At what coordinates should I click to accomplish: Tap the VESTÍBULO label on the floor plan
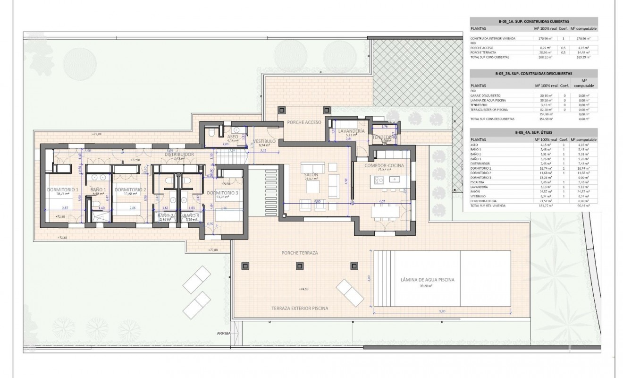click(264, 141)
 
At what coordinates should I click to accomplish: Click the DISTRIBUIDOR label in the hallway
click(180, 155)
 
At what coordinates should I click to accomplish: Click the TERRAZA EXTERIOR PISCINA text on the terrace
click(300, 308)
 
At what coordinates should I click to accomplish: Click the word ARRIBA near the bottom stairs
click(223, 333)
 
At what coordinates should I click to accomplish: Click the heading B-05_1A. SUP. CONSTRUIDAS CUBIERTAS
click(533, 21)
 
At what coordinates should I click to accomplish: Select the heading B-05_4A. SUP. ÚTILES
click(533, 133)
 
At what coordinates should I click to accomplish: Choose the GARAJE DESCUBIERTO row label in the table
click(486, 95)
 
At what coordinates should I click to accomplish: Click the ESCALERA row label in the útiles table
click(478, 181)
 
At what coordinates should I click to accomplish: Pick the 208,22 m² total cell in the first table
click(540, 57)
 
